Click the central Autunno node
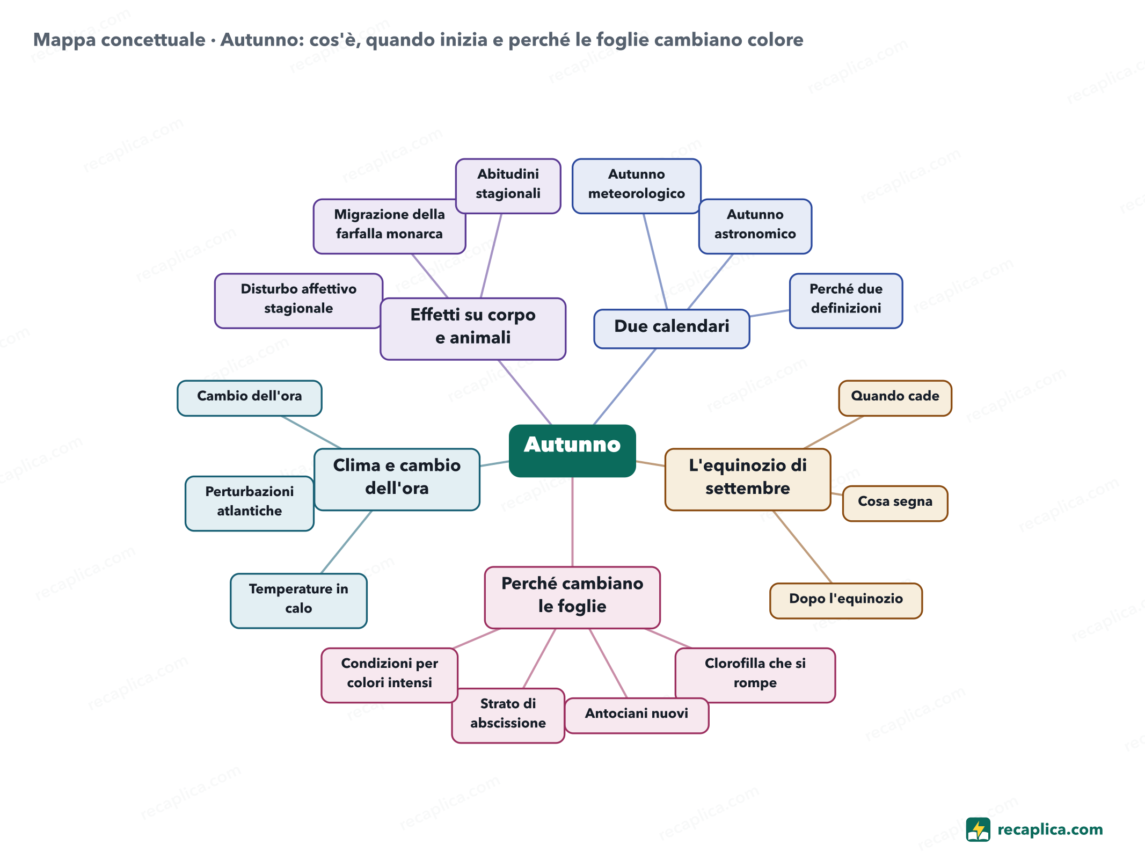[572, 450]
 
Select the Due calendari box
[672, 329]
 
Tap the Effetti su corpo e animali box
[473, 329]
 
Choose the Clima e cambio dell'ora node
[397, 479]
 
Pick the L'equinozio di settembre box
[748, 479]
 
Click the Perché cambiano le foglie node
[572, 598]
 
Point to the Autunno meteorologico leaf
[637, 186]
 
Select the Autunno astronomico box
[755, 226]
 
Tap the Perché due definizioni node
[846, 301]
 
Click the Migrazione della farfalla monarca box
[389, 226]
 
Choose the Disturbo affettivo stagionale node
[298, 301]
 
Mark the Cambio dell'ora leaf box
[250, 398]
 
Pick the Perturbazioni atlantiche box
[250, 503]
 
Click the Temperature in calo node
[298, 601]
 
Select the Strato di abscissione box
[508, 716]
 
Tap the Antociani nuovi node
[637, 716]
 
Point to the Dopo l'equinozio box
[846, 601]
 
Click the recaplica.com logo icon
[978, 829]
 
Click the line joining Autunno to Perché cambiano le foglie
[572, 522]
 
